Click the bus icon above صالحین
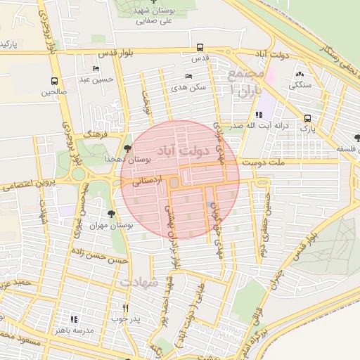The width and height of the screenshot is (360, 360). (55, 81)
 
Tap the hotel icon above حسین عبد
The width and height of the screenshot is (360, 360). (96, 68)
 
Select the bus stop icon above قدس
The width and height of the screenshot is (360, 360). (200, 48)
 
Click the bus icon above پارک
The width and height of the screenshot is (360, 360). (307, 118)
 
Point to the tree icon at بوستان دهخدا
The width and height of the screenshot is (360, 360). (127, 148)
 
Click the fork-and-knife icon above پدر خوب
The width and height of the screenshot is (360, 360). (126, 308)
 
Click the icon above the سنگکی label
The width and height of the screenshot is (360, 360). (300, 75)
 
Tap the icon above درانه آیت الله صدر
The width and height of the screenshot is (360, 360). (258, 115)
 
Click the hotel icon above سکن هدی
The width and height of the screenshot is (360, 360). (188, 77)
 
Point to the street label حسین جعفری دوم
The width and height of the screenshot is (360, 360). (267, 217)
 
